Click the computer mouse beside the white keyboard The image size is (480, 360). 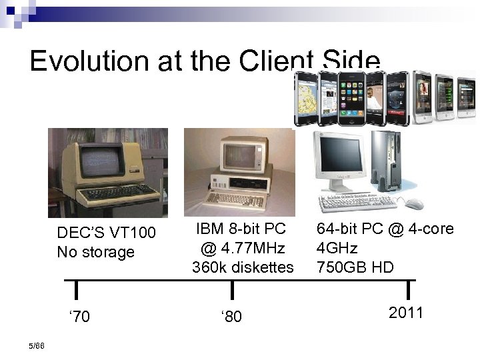413,203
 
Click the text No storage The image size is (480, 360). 95,252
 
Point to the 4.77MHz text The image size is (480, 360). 243,249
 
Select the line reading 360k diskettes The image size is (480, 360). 243,267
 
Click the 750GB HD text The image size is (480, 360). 355,267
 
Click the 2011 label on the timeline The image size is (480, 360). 406,312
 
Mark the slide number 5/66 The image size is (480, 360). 38,345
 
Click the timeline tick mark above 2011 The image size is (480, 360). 407,290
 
